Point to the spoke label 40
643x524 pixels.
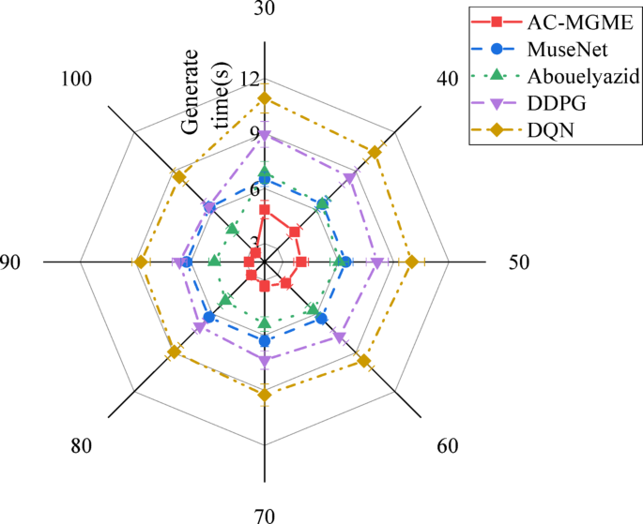tap(448, 80)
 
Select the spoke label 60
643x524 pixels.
tap(448, 445)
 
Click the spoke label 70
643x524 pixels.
tap(264, 514)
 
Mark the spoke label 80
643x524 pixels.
tap(81, 445)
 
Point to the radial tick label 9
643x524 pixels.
tap(251, 134)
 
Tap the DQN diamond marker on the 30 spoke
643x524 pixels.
tap(264, 98)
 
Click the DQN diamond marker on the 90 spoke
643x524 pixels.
tap(141, 262)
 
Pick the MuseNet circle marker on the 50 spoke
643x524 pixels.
tap(345, 262)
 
